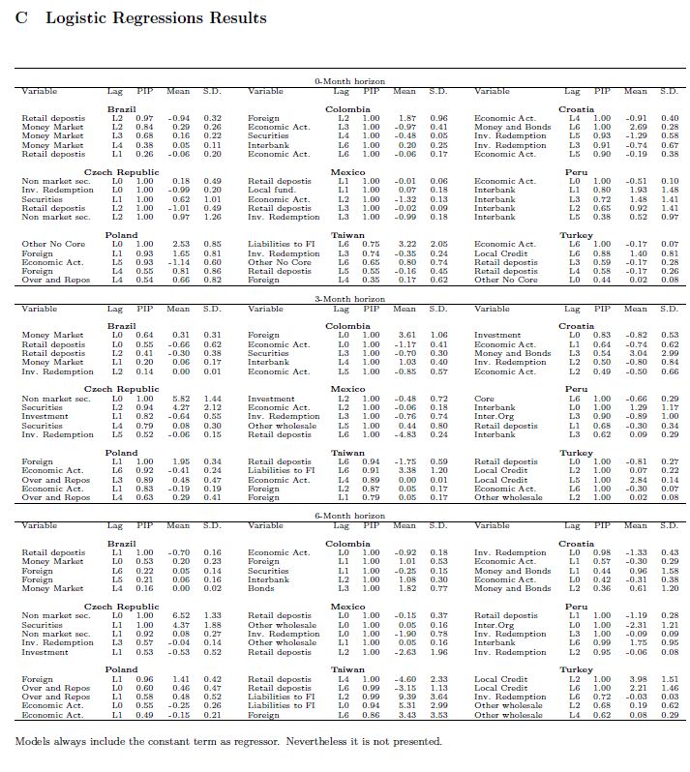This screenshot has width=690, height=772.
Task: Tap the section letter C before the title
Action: tap(22, 18)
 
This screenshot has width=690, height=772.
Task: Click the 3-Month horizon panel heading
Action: tap(345, 301)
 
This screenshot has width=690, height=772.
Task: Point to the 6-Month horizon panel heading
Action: tap(345, 518)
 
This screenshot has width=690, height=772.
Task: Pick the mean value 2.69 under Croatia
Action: tap(634, 128)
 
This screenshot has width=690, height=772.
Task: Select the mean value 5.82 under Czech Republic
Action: tap(179, 399)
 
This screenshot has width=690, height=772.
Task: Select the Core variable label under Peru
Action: tap(483, 399)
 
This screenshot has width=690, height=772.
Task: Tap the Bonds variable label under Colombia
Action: tap(258, 588)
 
